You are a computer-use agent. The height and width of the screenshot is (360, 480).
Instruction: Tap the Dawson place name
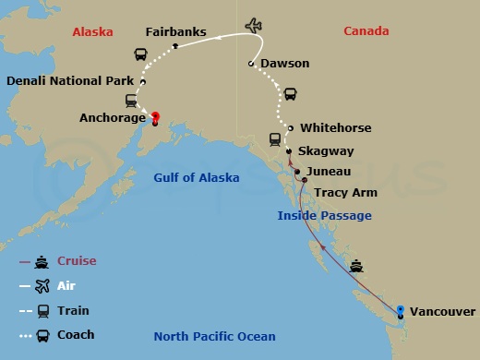point(285,64)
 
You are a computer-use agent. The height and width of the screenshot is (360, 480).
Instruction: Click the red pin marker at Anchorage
point(155,118)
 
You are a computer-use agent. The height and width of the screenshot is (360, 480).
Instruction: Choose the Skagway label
point(326,150)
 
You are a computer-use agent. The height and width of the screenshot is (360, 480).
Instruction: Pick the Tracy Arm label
point(343,194)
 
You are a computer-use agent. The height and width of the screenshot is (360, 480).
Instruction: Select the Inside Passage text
point(325,216)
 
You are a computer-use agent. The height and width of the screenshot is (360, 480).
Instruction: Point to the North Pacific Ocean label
point(213,336)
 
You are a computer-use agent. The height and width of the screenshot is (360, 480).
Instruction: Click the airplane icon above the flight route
point(254,24)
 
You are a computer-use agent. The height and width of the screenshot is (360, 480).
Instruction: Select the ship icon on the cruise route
point(357,266)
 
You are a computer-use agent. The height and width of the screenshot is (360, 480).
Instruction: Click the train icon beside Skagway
point(275,139)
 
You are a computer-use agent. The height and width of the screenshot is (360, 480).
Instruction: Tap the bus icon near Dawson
point(290,94)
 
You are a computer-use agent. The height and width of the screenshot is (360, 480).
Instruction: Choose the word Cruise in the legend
point(77,261)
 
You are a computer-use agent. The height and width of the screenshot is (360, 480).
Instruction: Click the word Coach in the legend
point(76,335)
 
